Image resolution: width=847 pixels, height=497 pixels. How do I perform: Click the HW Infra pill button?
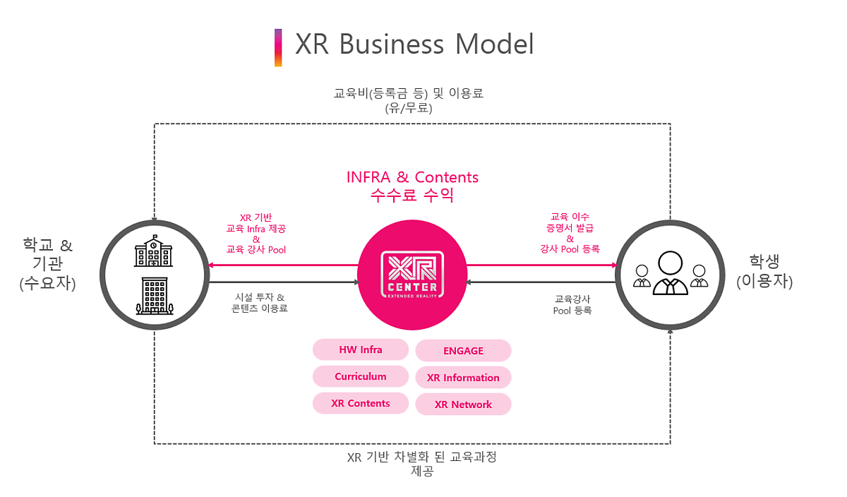pos(361,349)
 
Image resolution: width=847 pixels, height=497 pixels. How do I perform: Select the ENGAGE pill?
pos(463,351)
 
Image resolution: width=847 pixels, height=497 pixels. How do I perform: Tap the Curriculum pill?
pos(361,376)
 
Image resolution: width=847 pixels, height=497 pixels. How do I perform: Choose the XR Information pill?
pos(463,378)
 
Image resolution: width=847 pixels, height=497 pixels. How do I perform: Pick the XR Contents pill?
pos(361,403)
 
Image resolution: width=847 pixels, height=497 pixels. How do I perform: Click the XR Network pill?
pos(463,405)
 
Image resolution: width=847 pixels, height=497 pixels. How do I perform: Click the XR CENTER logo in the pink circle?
pos(412,275)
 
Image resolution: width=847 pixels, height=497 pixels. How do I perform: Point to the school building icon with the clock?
pos(154,251)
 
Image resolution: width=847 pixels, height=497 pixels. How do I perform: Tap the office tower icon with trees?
pos(155,296)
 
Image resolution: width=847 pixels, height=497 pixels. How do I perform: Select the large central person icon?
pos(670,273)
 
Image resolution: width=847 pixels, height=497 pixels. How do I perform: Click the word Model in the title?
pos(494,44)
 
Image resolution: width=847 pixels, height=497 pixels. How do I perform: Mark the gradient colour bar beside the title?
pos(278,48)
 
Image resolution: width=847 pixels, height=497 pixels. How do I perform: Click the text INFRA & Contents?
pos(412,177)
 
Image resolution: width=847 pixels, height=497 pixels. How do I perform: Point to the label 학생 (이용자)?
pos(764,271)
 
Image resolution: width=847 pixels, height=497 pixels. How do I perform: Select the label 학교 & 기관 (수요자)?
pos(48,263)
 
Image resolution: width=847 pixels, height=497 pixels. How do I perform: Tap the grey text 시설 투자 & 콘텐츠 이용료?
pos(260,303)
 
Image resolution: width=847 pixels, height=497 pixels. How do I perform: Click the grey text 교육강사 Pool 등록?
pos(572,305)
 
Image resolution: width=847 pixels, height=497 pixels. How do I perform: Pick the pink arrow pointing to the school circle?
pos(283,265)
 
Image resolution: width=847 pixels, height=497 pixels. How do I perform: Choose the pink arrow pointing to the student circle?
pos(542,265)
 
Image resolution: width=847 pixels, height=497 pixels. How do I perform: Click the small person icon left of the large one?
pos(642,276)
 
